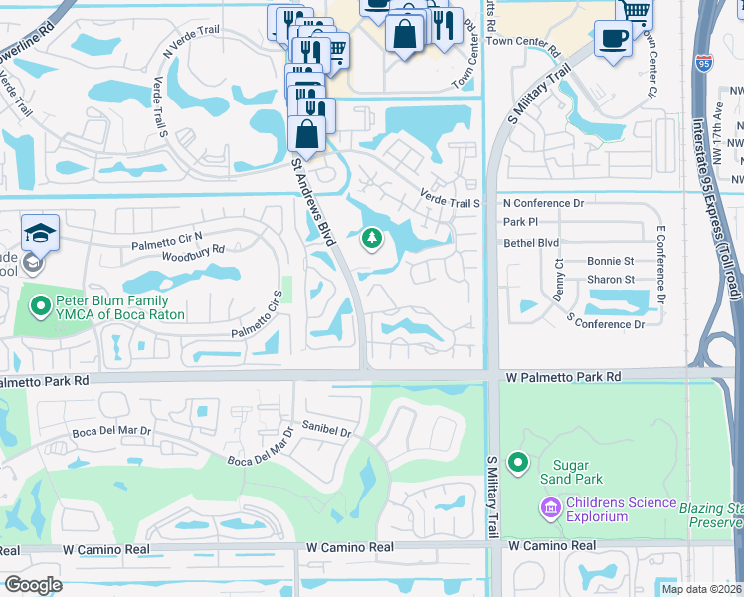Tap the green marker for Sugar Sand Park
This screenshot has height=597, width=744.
517,463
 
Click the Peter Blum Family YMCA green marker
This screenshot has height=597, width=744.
41,307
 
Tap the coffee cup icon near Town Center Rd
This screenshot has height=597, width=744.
613,39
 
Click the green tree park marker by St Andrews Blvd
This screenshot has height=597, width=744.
372,238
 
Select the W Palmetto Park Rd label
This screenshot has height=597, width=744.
562,378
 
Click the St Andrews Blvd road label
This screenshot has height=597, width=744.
312,200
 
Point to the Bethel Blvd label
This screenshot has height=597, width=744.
531,243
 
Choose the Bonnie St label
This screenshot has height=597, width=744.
610,261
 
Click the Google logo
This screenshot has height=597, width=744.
33,585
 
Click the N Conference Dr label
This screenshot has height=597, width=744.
544,203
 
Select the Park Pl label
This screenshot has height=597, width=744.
520,222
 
